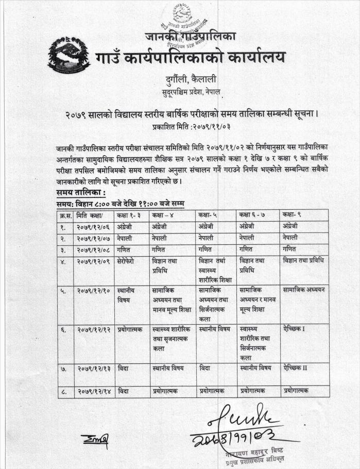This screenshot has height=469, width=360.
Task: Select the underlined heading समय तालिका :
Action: click(x=81, y=193)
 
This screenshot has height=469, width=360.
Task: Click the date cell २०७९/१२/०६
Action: click(x=94, y=226)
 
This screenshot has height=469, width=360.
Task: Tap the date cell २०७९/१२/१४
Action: click(x=94, y=392)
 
